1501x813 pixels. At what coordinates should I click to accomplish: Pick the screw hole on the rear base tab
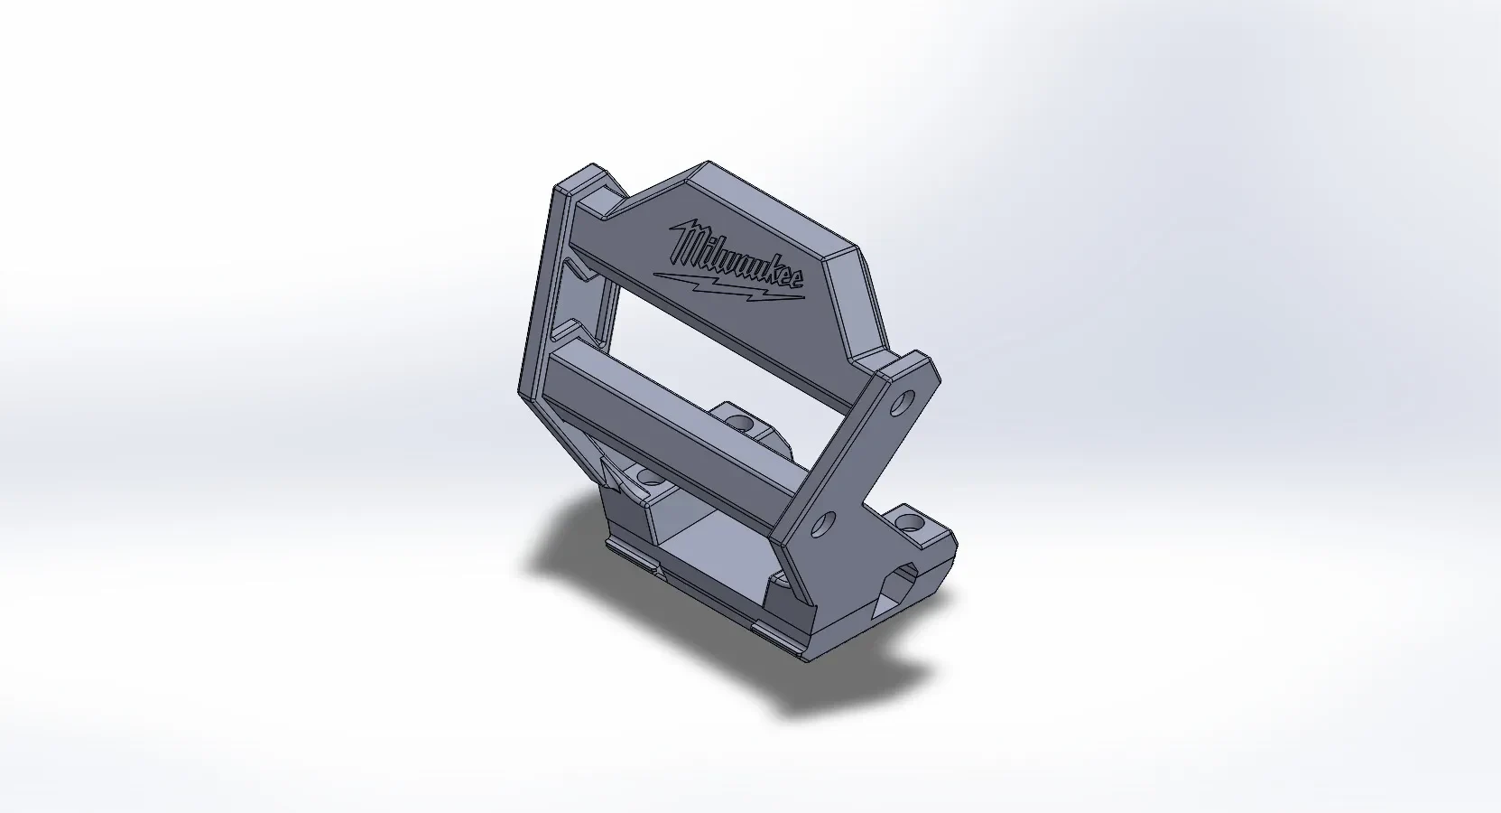tap(739, 423)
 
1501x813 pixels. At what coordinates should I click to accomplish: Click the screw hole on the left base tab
tap(649, 479)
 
